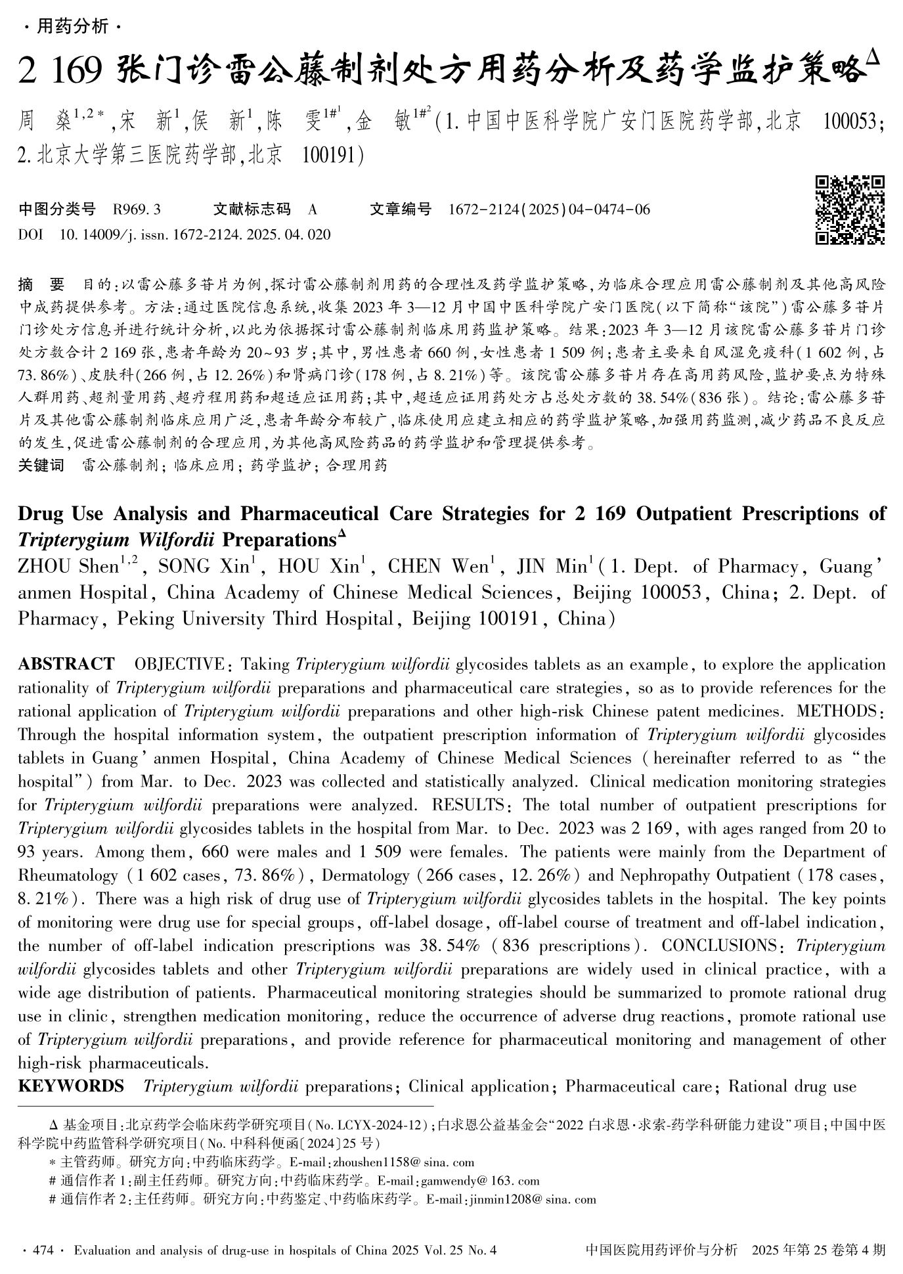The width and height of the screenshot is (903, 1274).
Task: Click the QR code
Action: tap(850, 210)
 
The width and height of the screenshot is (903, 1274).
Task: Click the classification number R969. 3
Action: tap(137, 210)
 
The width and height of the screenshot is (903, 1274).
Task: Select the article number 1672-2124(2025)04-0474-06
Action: tap(549, 210)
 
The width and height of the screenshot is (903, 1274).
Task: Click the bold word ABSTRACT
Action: tap(66, 665)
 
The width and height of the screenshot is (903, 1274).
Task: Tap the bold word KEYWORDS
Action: tap(71, 1086)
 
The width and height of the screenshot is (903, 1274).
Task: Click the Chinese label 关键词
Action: tap(41, 466)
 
